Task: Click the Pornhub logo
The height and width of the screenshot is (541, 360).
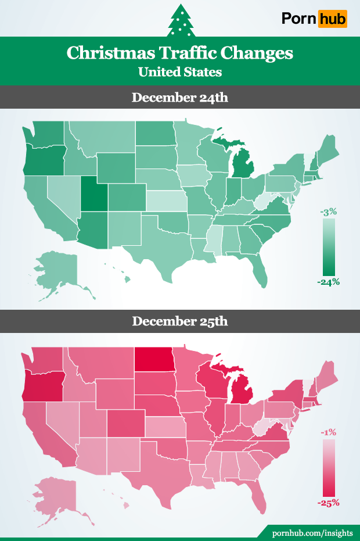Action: pyautogui.click(x=314, y=19)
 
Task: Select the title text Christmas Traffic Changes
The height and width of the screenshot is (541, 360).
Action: pyautogui.click(x=179, y=53)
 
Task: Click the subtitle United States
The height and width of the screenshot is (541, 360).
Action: pyautogui.click(x=179, y=72)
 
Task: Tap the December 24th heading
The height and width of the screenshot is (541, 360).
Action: pyautogui.click(x=179, y=97)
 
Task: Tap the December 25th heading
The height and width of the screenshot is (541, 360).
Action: pyautogui.click(x=179, y=321)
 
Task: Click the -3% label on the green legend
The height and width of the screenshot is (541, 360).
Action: pyautogui.click(x=328, y=212)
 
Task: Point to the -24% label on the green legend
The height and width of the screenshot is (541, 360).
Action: pyautogui.click(x=328, y=282)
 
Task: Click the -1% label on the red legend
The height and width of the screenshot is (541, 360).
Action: pyautogui.click(x=329, y=432)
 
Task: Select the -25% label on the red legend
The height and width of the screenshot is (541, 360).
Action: pyautogui.click(x=328, y=503)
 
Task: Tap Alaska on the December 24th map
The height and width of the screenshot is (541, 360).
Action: pyautogui.click(x=55, y=267)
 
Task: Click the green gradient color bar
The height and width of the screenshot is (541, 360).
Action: pyautogui.click(x=328, y=247)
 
